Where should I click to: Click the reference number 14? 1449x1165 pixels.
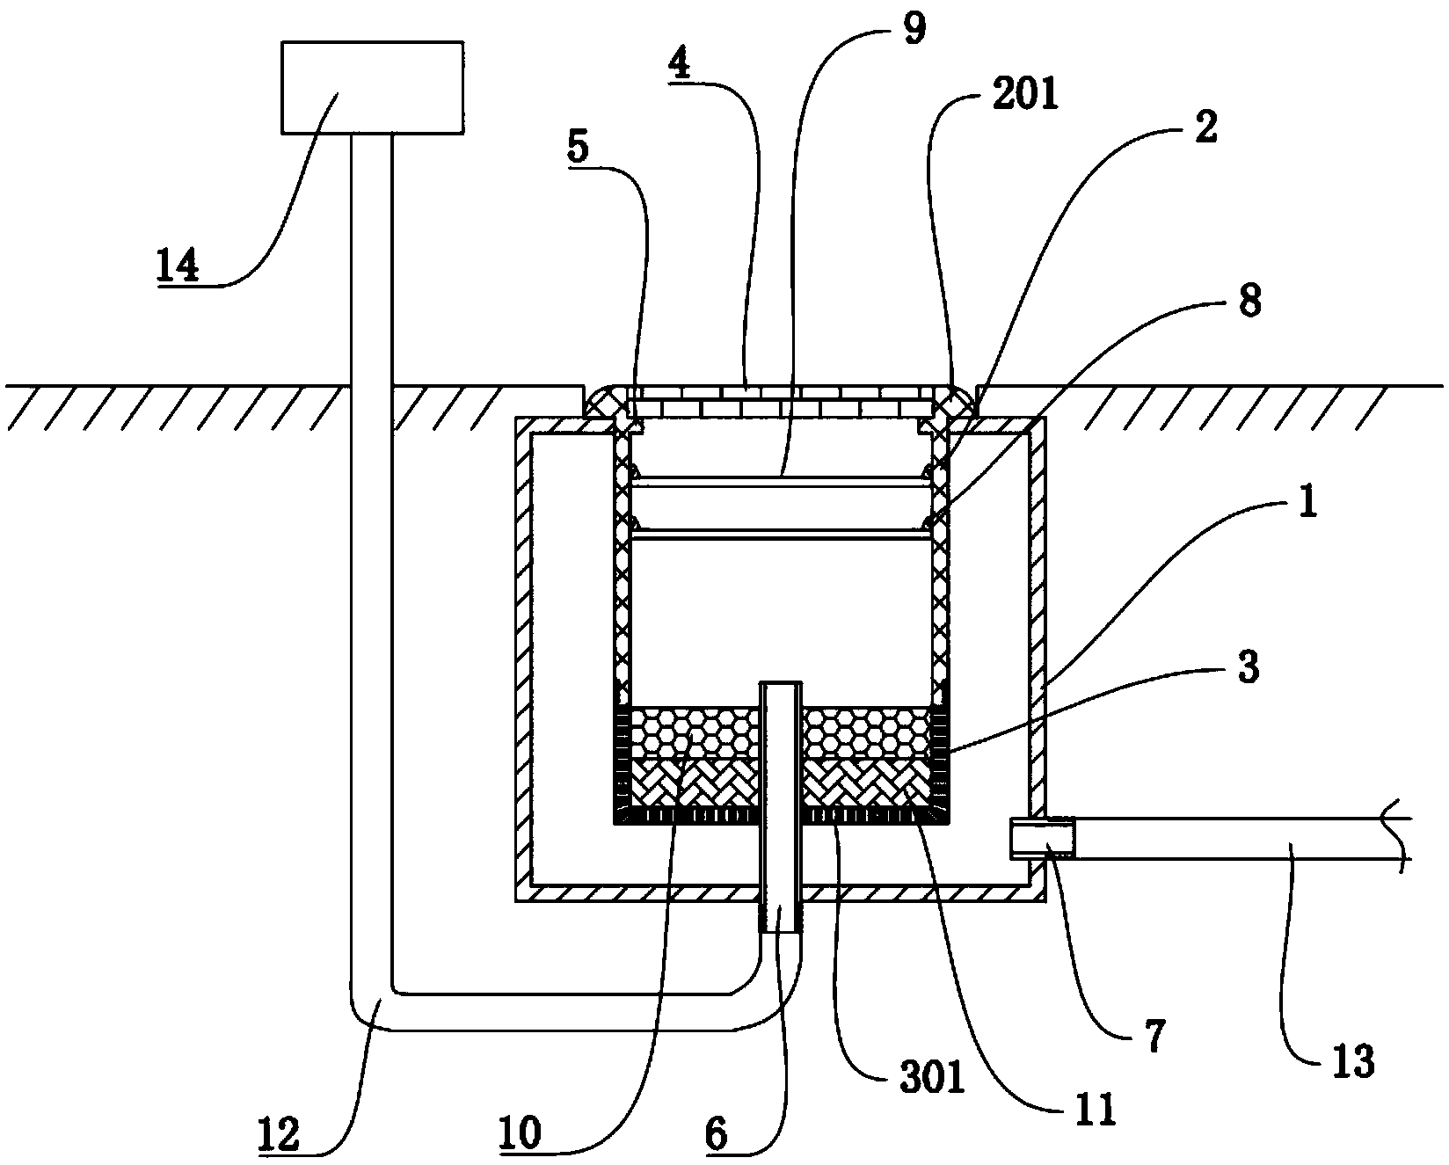178,265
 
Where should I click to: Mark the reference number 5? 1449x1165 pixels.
578,147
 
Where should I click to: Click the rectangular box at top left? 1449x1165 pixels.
372,87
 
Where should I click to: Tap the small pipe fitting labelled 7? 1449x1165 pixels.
1043,837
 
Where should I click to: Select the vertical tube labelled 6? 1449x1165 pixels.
781,806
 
